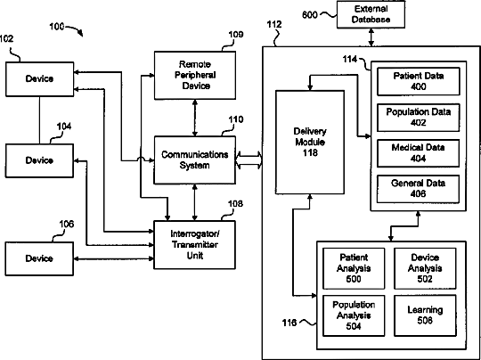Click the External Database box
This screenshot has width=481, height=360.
(x=371, y=14)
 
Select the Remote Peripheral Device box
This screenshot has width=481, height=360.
(x=195, y=75)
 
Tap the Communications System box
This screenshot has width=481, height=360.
(x=195, y=160)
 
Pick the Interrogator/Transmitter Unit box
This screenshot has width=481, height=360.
(x=195, y=244)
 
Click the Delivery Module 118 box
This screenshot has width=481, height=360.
(x=310, y=142)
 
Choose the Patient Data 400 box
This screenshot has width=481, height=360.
(x=419, y=82)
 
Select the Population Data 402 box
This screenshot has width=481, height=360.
(x=419, y=118)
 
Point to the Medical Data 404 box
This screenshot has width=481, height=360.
(x=419, y=153)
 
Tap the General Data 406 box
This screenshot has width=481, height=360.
(x=419, y=189)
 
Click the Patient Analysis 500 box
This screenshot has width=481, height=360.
(x=354, y=268)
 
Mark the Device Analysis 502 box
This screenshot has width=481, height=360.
(x=425, y=268)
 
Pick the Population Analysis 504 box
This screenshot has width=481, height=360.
(x=354, y=315)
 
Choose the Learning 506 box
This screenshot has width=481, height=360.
(x=425, y=315)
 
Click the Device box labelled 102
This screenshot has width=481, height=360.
(x=39, y=79)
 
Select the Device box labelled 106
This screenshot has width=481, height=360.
(x=39, y=258)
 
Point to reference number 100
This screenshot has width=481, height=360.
(x=57, y=27)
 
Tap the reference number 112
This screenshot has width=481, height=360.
(x=274, y=25)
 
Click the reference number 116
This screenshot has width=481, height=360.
(x=289, y=323)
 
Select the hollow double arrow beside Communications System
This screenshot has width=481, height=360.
(x=249, y=160)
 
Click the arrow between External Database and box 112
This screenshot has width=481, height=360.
(x=371, y=37)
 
